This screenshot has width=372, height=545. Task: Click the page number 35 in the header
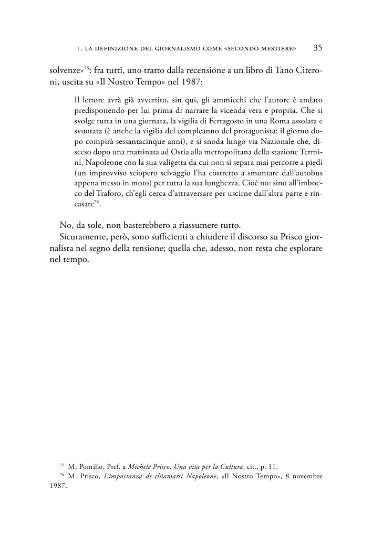tap(317, 48)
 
